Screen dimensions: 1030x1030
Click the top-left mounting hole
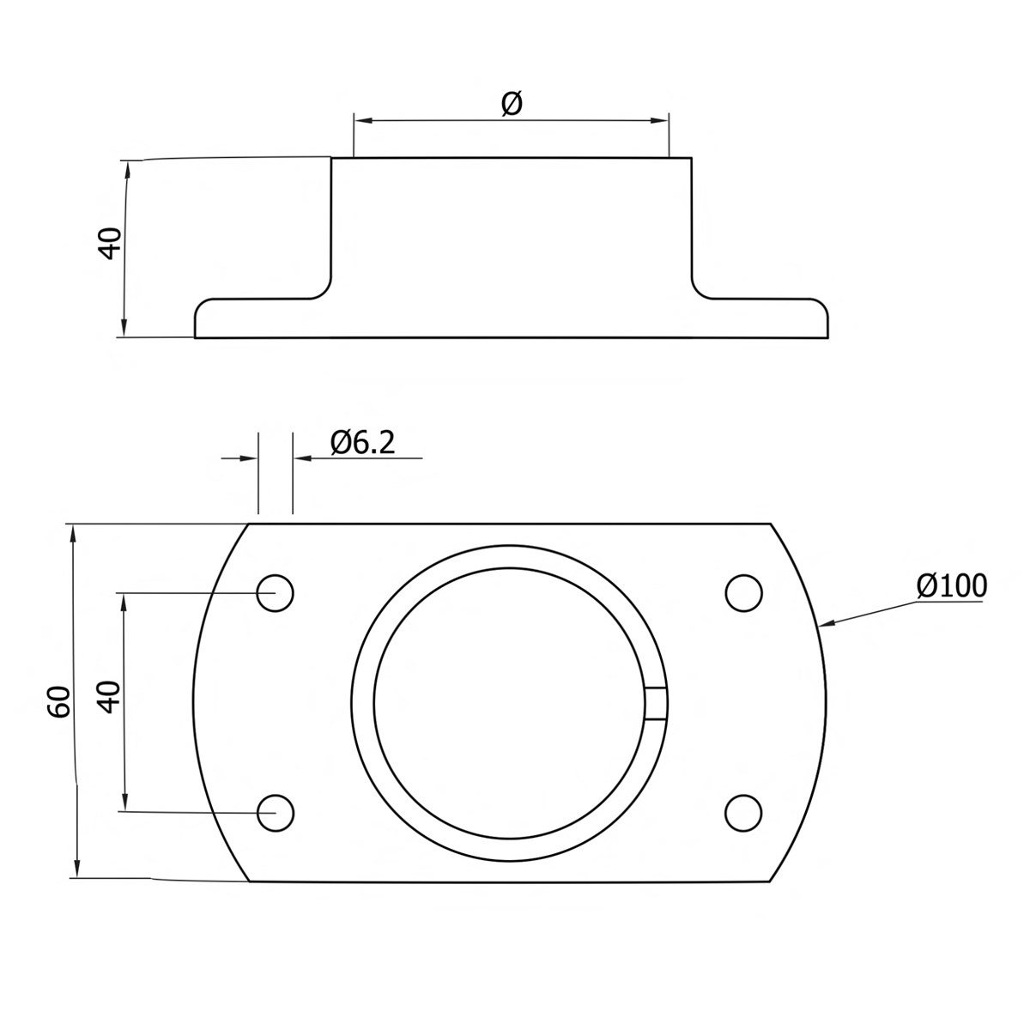pos(276,592)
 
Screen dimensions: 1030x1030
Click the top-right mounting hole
pos(743,592)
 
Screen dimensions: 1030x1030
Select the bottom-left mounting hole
pos(276,812)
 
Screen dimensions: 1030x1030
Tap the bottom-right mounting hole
pos(743,812)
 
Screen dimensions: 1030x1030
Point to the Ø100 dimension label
pos(951,586)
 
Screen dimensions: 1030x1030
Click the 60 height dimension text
pos(59,702)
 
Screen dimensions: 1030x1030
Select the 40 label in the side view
pos(110,243)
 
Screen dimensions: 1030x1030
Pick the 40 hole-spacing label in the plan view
pos(108,697)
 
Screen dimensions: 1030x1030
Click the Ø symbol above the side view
pos(511,104)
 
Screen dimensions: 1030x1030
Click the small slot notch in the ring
pos(656,702)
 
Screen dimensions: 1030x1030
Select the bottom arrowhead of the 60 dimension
pos(76,869)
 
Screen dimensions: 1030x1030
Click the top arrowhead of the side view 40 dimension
pos(128,169)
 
